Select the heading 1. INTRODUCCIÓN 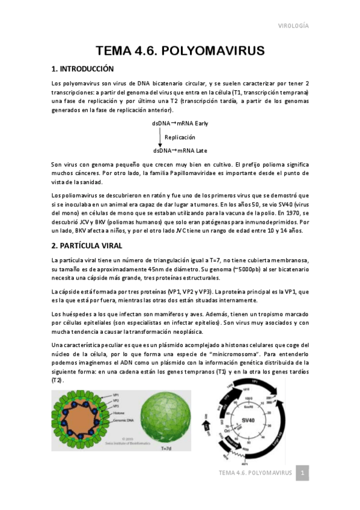tap(82, 69)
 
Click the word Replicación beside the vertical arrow tap(180, 137)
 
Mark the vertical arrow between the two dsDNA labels tap(160, 137)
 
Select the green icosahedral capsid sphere tap(166, 417)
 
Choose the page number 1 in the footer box tap(304, 473)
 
